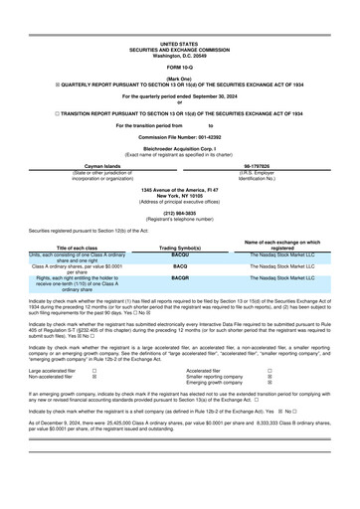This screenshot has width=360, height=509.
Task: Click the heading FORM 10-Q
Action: pyautogui.click(x=179, y=67)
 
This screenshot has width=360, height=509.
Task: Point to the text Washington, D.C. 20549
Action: pyautogui.click(x=179, y=55)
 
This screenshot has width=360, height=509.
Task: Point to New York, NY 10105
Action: pyautogui.click(x=179, y=224)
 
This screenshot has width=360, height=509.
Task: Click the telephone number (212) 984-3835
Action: pyautogui.click(x=179, y=240)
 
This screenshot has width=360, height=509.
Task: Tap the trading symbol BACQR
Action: pyautogui.click(x=179, y=306)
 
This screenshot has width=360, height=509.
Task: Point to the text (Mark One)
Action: pyautogui.click(x=179, y=78)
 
